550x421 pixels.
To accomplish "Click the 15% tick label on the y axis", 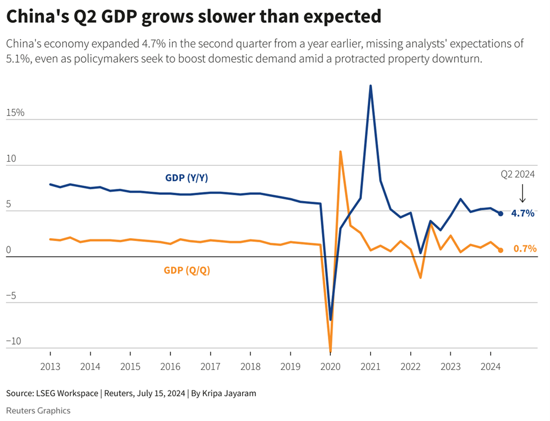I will coord(16,112).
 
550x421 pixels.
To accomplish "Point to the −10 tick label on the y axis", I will coord(14,341).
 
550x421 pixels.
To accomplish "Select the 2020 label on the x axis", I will coord(330,366).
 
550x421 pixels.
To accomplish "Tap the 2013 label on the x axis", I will coord(50,366).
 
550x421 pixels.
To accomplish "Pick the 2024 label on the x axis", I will coord(490,366).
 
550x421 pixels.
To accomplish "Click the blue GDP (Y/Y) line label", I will coord(187,178).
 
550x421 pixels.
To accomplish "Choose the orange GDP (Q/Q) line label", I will coord(187,270).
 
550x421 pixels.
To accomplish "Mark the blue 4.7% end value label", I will coord(522,213).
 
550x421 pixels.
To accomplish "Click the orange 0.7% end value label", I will coord(525,249).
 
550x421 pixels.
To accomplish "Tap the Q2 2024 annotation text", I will coord(518,174).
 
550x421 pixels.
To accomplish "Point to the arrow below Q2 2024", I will coord(522,193).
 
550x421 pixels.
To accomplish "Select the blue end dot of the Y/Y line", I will coord(501,213).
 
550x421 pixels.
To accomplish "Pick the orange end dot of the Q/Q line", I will coord(501,250).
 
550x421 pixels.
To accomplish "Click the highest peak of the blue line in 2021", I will coord(370,86).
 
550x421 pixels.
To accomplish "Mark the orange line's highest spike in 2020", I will coord(340,152).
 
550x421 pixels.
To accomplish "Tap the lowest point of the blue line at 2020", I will coord(330,319).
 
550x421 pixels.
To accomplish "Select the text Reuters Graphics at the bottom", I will coord(38,410).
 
